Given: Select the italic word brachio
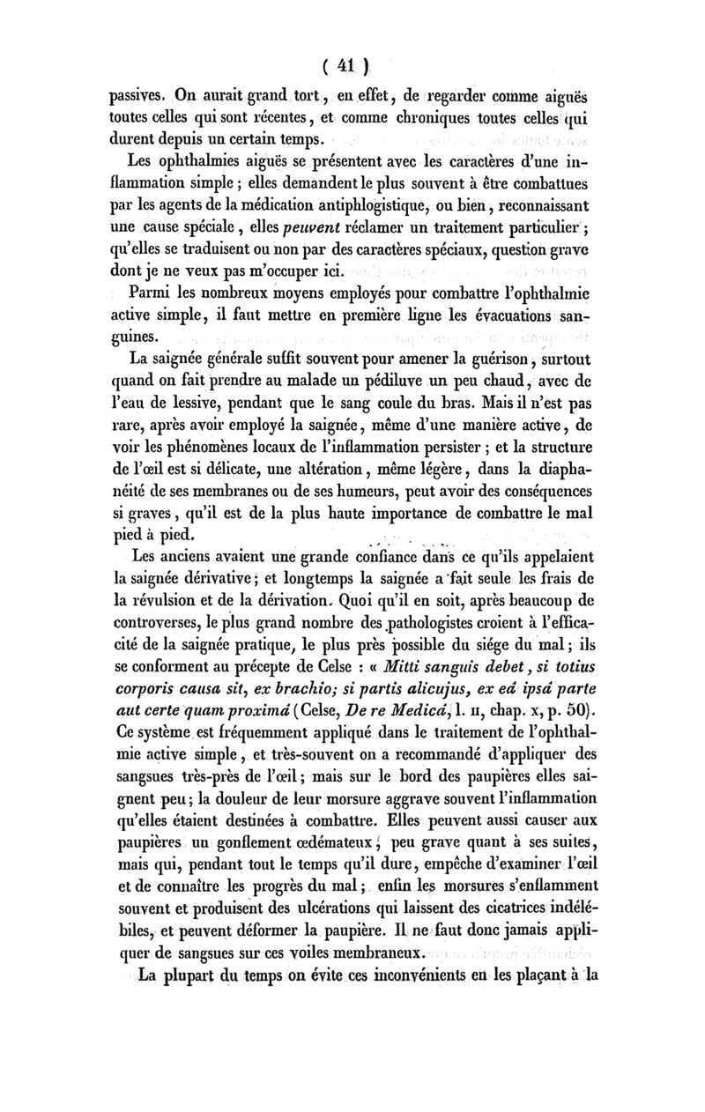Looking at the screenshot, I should pos(327,696).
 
